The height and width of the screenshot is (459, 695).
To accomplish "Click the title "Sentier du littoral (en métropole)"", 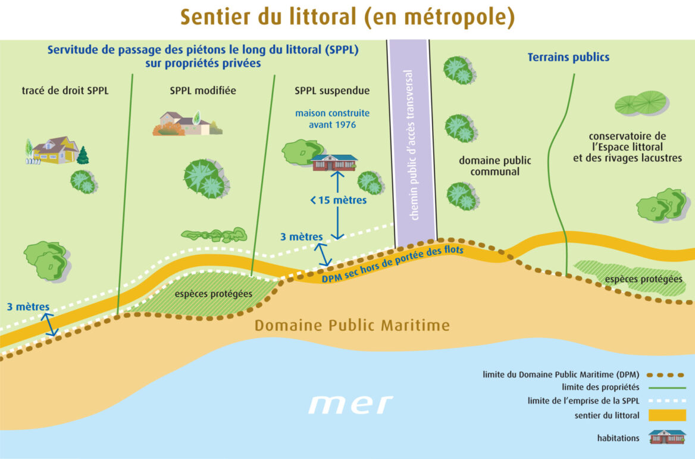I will click(347, 17).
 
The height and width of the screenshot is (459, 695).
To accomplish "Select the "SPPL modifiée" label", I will click(202, 91).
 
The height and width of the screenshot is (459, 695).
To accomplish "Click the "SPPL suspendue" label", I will click(332, 91).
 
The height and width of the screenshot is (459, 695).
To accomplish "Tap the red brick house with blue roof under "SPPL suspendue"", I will click(334, 162).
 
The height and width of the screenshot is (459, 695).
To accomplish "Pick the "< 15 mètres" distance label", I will click(338, 201).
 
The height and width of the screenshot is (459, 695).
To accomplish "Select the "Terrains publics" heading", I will click(568, 58).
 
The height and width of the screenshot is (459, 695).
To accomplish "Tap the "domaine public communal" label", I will click(495, 166).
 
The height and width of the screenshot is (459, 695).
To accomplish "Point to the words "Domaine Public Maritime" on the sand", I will click(352, 326).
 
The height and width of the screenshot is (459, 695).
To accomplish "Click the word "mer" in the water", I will click(350, 404).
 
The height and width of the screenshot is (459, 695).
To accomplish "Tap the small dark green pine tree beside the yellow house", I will click(83, 155).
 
